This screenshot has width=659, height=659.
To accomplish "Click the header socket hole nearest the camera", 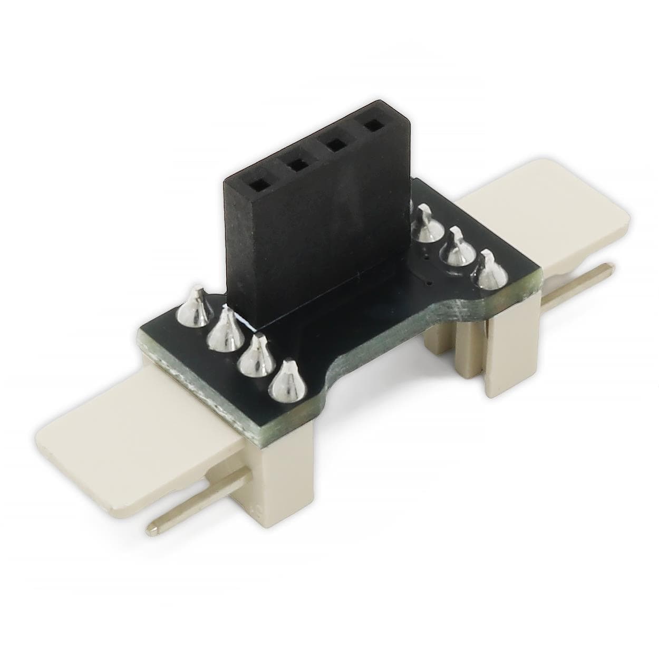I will pos(259,186).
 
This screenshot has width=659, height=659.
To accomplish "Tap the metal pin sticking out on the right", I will pos(580,285).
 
